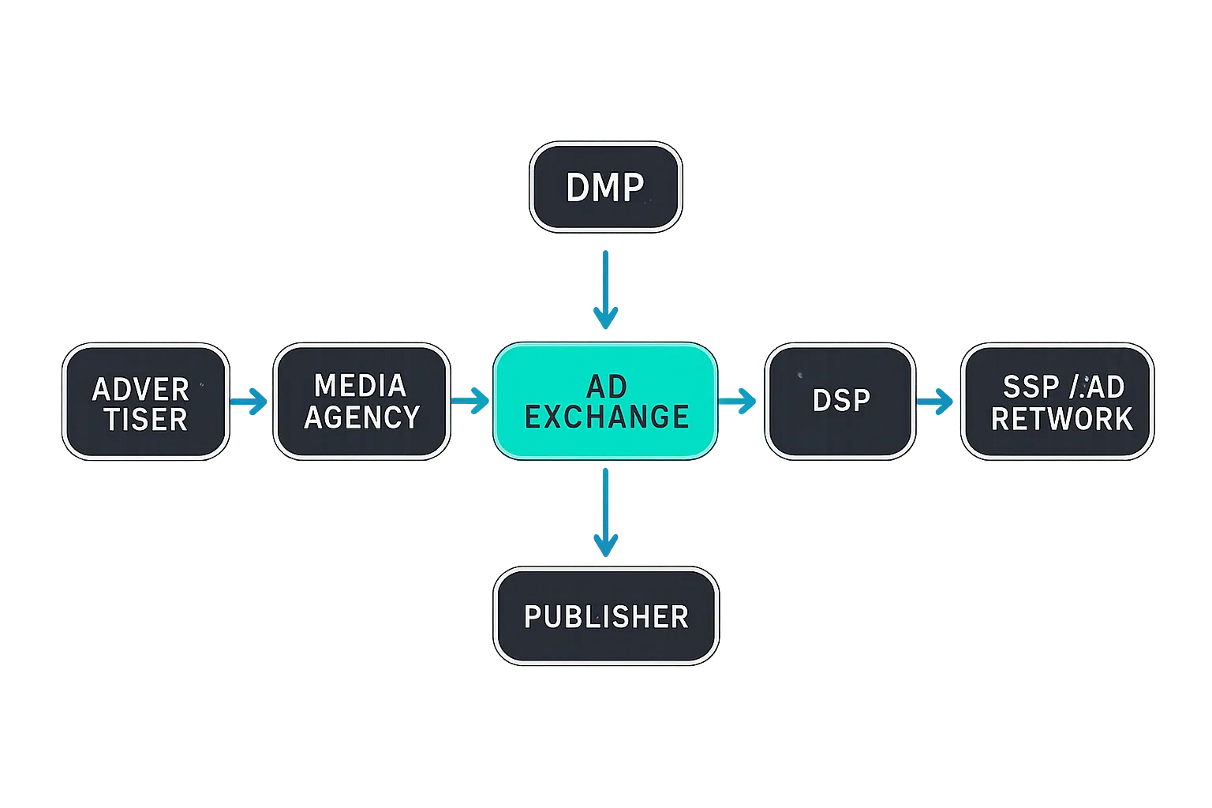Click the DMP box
coord(605,187)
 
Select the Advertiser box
coord(145,402)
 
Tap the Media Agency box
coord(361,402)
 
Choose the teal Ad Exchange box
coord(605,402)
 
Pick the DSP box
coord(840,401)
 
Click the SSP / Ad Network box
coord(1057,402)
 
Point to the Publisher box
coord(605,616)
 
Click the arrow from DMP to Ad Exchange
coord(605,289)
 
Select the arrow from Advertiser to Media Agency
coord(250,402)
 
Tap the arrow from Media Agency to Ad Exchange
coord(471,401)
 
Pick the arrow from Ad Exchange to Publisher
coord(605,513)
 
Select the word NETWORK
coord(1061,419)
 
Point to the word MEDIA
coord(360,386)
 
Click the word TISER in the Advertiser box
coord(146,420)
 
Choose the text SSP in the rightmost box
coord(1031,387)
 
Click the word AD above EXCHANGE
coord(607,387)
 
